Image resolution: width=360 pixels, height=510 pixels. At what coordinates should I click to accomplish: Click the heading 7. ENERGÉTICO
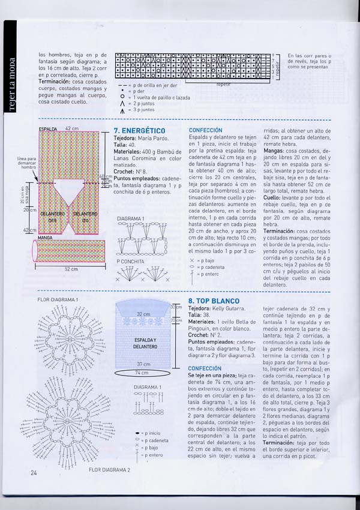139,130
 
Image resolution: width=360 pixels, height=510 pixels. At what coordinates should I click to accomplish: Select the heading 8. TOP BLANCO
214,301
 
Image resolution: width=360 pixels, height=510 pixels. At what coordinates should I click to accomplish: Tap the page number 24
34,473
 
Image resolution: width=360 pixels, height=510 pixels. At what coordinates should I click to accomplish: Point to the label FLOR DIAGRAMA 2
109,470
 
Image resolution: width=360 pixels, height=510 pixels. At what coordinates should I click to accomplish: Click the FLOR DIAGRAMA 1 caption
58,299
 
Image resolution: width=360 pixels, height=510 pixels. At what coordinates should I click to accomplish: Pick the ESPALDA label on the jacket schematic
47,129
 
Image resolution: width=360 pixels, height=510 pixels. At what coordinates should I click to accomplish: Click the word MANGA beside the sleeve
44,238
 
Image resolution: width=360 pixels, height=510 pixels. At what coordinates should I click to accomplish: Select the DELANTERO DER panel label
52,216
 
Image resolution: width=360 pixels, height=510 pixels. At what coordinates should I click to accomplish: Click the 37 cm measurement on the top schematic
143,364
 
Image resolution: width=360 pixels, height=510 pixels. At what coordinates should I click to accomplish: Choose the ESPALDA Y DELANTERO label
145,343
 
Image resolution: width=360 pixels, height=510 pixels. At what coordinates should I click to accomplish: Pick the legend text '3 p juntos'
141,110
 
